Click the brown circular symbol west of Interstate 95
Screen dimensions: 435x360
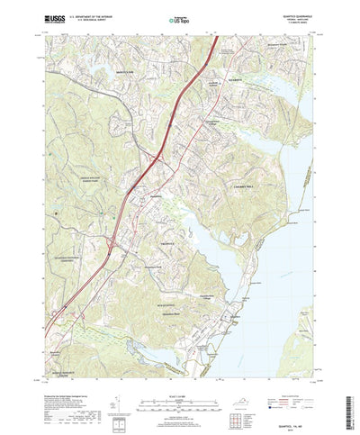click(56, 213)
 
